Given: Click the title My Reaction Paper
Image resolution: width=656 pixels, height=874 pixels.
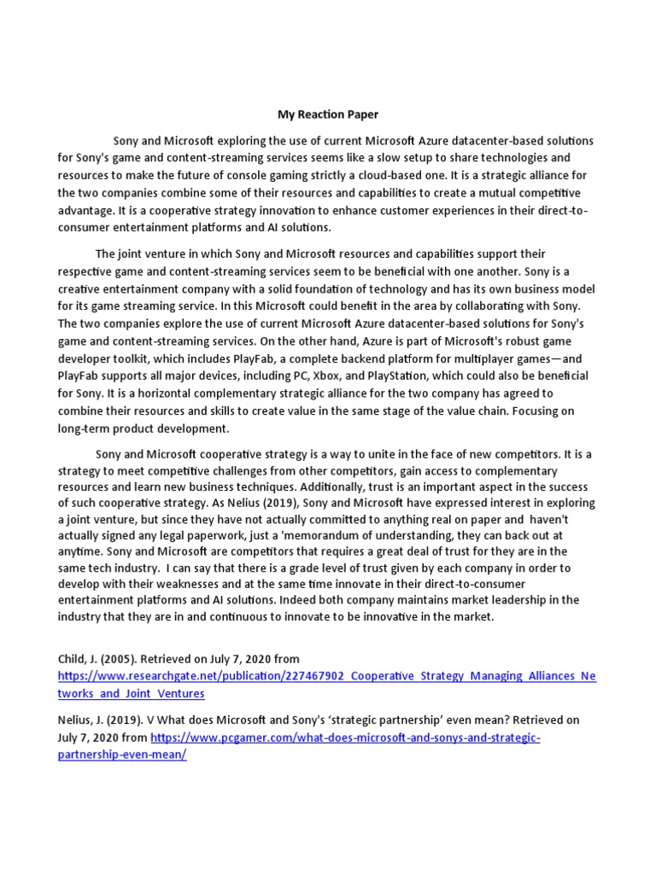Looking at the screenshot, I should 327,113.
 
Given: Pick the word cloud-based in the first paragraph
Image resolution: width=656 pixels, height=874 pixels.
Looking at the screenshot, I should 415,175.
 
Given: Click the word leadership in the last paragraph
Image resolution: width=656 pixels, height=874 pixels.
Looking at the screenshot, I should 519,600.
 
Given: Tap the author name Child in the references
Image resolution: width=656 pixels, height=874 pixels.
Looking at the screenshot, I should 73,658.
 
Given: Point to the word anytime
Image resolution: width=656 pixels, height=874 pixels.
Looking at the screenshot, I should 84,551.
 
